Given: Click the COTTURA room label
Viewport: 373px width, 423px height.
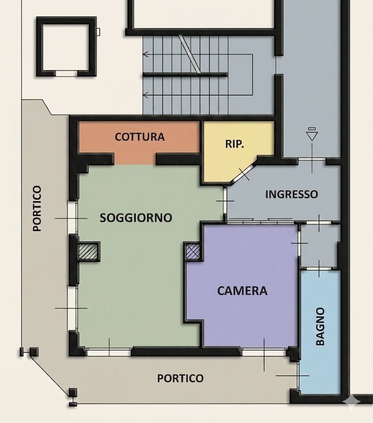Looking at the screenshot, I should [x=140, y=137].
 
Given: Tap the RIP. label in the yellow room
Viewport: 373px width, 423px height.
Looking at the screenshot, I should [x=234, y=144].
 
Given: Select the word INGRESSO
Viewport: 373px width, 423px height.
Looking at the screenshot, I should [x=291, y=194].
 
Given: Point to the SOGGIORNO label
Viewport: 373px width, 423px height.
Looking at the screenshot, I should [x=136, y=218].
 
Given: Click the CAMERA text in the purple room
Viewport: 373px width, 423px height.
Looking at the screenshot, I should [x=242, y=291].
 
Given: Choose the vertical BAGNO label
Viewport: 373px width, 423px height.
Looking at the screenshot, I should [x=320, y=326].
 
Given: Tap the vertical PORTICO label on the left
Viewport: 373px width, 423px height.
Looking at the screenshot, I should [x=37, y=208].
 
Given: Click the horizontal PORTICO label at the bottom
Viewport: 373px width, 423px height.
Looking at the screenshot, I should [x=180, y=378].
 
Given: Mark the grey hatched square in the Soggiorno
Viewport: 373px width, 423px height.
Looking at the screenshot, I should [x=89, y=251].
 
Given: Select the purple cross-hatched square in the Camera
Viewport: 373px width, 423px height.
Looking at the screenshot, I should [x=193, y=251].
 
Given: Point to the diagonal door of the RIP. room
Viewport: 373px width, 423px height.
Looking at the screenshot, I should [x=244, y=173].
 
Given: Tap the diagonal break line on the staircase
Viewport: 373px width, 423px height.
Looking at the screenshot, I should [x=189, y=54].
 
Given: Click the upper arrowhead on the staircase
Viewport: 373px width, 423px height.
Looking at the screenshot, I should [x=146, y=54].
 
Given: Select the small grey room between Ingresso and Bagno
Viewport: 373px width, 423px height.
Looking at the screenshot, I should [x=319, y=246].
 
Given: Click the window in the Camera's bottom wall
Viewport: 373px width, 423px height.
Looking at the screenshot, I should [x=264, y=352].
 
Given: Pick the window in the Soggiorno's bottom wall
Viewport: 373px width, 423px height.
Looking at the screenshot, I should [x=109, y=352].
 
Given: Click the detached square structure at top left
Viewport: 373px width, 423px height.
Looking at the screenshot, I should [x=66, y=46].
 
